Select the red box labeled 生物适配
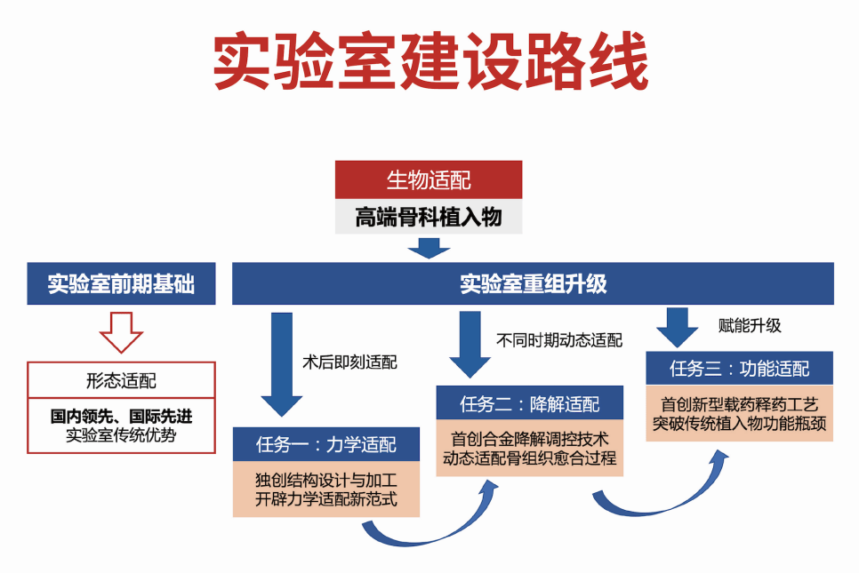pos(428,180)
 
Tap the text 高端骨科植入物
pos(428,216)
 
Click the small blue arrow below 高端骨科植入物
pos(429,249)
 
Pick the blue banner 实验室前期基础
pos(121,284)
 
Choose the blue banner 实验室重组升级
pos(533,284)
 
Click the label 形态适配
pos(121,380)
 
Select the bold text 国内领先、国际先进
pos(121,416)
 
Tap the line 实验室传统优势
pos(121,435)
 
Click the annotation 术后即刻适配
pos(350,362)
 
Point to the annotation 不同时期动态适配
pos(559,340)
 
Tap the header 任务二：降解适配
pos(530,404)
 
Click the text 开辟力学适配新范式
pos(325,499)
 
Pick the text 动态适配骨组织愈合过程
pos(530,459)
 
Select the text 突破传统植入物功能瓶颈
pos(740,423)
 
